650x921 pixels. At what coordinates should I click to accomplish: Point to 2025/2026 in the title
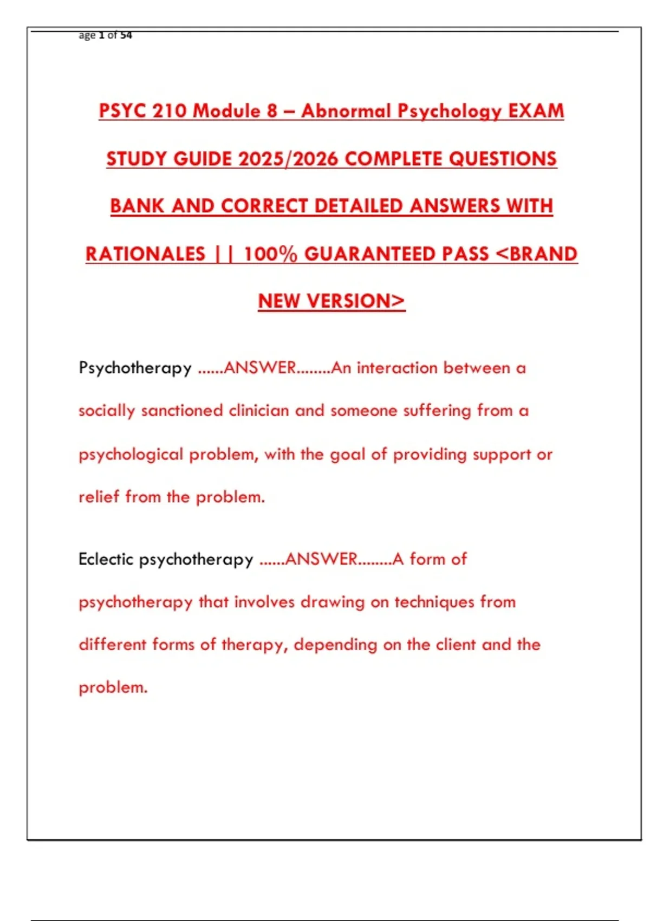click(288, 159)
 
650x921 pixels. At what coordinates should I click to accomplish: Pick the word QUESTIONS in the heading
click(503, 159)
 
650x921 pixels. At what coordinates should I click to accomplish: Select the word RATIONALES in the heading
click(146, 254)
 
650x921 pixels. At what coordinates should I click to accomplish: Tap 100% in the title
click(270, 254)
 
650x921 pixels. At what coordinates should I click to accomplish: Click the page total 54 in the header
click(126, 35)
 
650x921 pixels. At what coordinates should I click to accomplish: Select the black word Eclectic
click(106, 559)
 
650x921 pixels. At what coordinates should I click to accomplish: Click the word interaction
click(397, 368)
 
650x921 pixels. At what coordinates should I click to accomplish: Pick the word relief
click(99, 496)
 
